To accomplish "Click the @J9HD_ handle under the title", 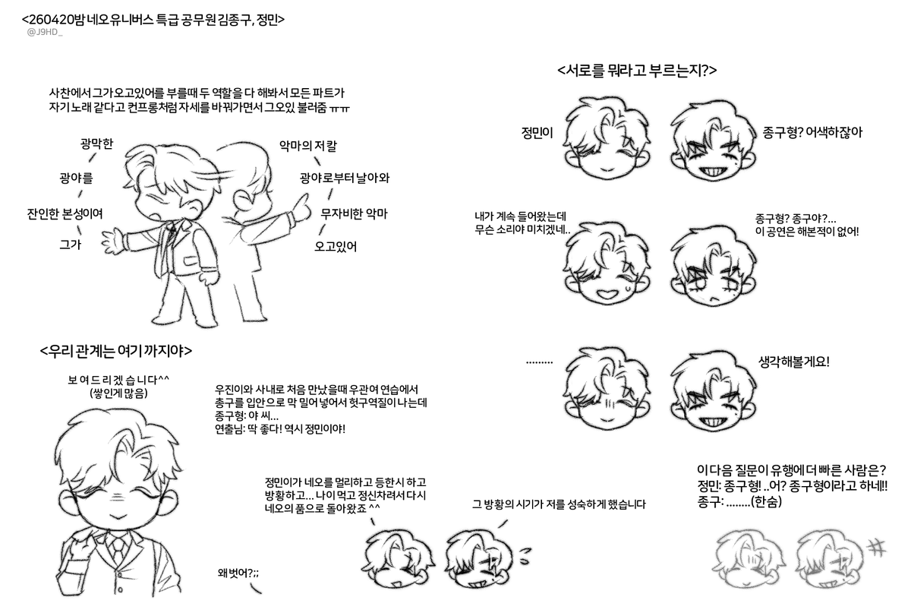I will tap(45, 33).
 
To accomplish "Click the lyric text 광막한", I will tap(96, 144).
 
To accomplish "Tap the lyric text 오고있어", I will tap(336, 246).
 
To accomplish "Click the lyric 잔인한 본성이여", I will tap(65, 213).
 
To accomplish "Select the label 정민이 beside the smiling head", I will tap(537, 131).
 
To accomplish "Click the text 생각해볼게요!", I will tap(794, 362).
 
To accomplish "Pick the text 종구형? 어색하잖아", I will tap(812, 131).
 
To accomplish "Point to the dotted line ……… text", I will tap(539, 362).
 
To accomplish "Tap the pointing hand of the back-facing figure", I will tap(301, 204).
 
